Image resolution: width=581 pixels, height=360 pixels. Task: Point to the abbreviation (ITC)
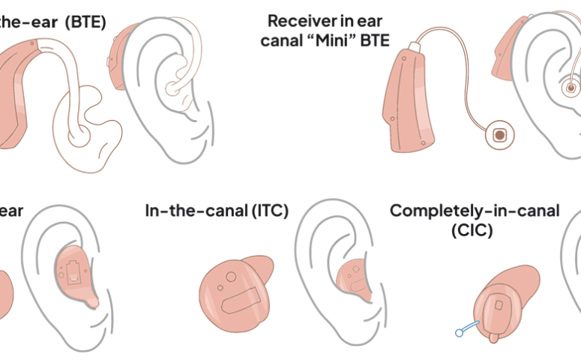pyautogui.click(x=267, y=211)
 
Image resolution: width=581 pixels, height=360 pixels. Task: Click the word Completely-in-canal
pyautogui.click(x=474, y=211)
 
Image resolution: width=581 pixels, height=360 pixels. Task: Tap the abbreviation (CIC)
pyautogui.click(x=472, y=231)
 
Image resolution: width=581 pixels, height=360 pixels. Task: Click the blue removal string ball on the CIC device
pyautogui.click(x=458, y=331)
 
